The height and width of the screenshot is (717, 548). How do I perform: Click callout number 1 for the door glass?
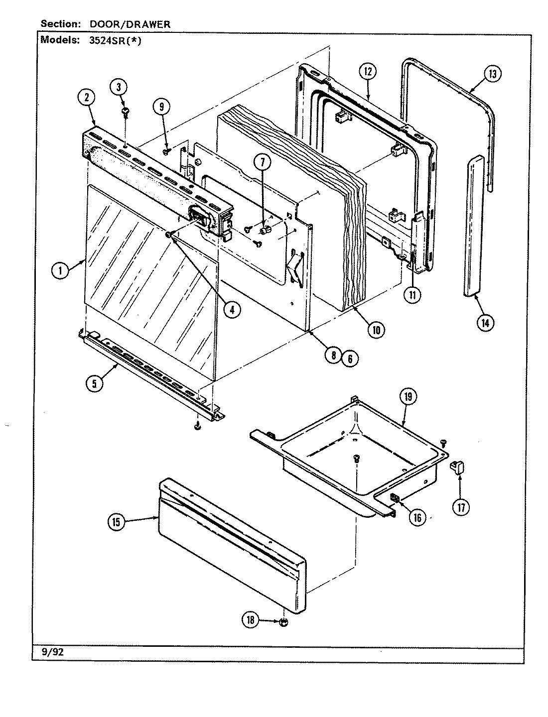coord(60,271)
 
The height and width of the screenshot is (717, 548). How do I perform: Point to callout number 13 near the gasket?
coord(492,75)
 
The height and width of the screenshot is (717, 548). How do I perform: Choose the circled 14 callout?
coord(485,322)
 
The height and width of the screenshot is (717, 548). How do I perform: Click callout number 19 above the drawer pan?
coord(408,397)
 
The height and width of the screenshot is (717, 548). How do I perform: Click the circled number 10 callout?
coord(376,329)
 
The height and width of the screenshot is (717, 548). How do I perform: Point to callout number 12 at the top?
coord(368,71)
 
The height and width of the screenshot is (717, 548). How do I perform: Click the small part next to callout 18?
coord(282,622)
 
